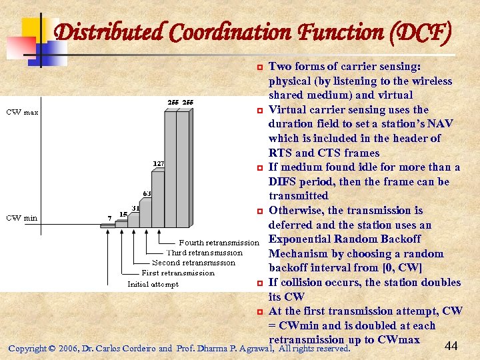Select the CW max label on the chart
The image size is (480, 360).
[22, 112]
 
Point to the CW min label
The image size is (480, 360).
[22, 218]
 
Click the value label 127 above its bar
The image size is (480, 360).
[159, 163]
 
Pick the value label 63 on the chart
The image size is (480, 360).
[146, 194]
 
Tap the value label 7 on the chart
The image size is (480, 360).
[109, 218]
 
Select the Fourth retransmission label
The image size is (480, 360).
[219, 243]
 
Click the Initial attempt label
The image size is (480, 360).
[153, 284]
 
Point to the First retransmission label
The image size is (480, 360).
[178, 273]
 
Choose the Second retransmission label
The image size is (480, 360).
[193, 263]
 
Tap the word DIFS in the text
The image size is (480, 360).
[283, 181]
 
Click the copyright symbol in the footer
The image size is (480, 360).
[52, 349]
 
